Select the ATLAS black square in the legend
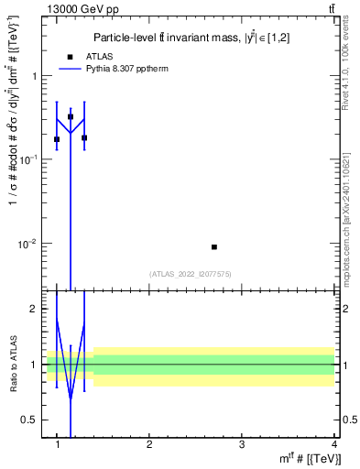[x=70, y=57]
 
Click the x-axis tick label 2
[x=149, y=444]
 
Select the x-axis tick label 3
[x=241, y=444]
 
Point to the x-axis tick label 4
[x=333, y=444]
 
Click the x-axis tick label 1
[x=58, y=444]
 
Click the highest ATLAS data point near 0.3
[x=71, y=117]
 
